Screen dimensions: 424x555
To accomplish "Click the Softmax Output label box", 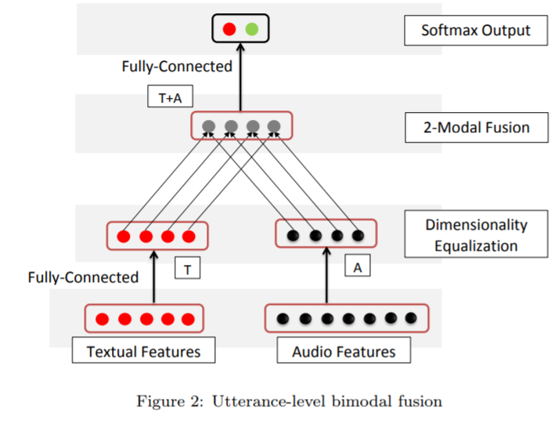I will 475,31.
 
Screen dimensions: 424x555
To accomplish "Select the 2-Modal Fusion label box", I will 476,127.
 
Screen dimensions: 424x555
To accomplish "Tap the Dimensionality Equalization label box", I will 476,235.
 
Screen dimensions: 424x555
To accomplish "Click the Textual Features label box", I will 142,350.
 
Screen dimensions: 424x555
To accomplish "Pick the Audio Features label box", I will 344,350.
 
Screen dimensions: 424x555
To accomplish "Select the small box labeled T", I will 187,269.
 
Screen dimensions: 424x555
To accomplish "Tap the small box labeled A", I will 357,267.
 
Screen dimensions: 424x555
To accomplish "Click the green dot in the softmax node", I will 251,30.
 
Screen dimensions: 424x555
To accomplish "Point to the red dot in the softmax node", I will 229,30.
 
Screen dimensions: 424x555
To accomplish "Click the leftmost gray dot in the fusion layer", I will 209,125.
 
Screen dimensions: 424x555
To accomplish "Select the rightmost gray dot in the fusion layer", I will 274,125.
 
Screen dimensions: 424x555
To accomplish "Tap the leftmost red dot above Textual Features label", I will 102,319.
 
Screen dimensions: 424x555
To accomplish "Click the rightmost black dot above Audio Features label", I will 410,318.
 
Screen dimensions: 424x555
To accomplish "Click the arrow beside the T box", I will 153,274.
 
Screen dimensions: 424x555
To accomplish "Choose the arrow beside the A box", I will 325,274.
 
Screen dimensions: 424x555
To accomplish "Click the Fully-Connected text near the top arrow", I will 177,67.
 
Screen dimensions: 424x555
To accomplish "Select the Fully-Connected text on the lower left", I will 83,277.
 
